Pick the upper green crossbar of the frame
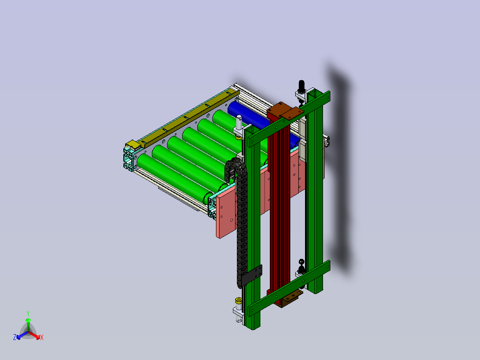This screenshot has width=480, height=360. click(289, 119)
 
